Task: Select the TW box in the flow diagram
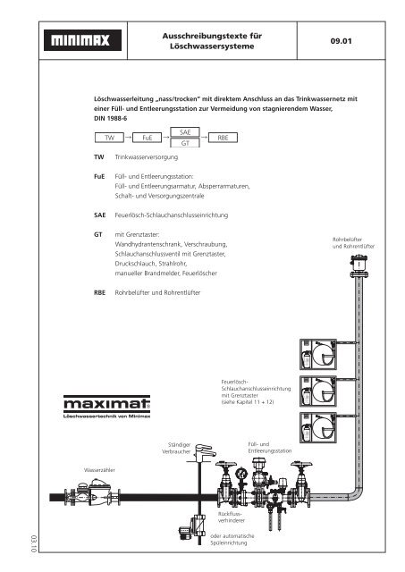click(110, 139)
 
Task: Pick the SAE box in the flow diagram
click(184, 131)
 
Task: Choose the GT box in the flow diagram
click(184, 144)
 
